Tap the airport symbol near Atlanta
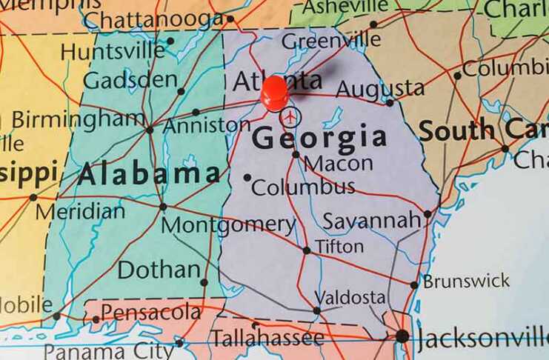291,116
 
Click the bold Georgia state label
319,138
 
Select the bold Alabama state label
149,174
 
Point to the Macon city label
339,163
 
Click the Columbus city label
303,187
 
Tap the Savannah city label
372,221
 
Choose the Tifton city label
339,246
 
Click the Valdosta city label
350,298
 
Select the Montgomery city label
228,224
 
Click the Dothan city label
159,270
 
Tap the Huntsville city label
113,51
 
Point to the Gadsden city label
130,79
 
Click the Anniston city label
207,125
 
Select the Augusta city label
380,90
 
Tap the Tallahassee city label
267,339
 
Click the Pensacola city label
151,313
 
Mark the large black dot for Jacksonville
402,336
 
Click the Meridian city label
81,211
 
